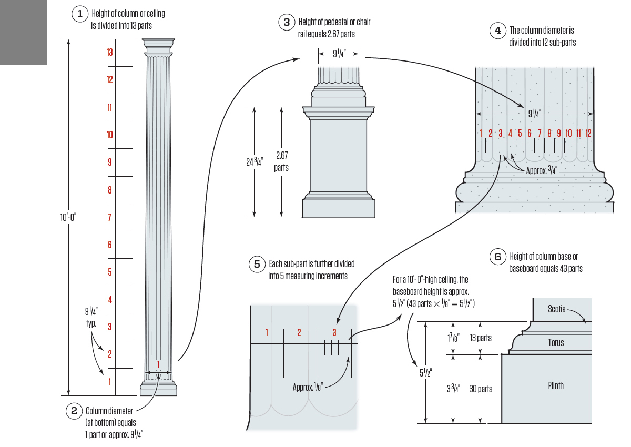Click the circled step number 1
[x=80, y=14]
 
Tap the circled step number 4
[x=497, y=31]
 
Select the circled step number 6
[x=497, y=257]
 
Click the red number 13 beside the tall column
[x=109, y=52]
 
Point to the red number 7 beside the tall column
[x=109, y=217]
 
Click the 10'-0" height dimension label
[x=69, y=216]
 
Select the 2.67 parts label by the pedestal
[x=281, y=161]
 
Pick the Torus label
[x=556, y=343]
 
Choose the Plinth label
[x=556, y=386]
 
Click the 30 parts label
[x=481, y=389]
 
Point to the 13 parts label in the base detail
[x=481, y=338]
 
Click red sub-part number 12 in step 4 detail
[x=588, y=134]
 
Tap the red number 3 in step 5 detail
[x=334, y=332]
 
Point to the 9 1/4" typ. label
[x=91, y=318]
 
